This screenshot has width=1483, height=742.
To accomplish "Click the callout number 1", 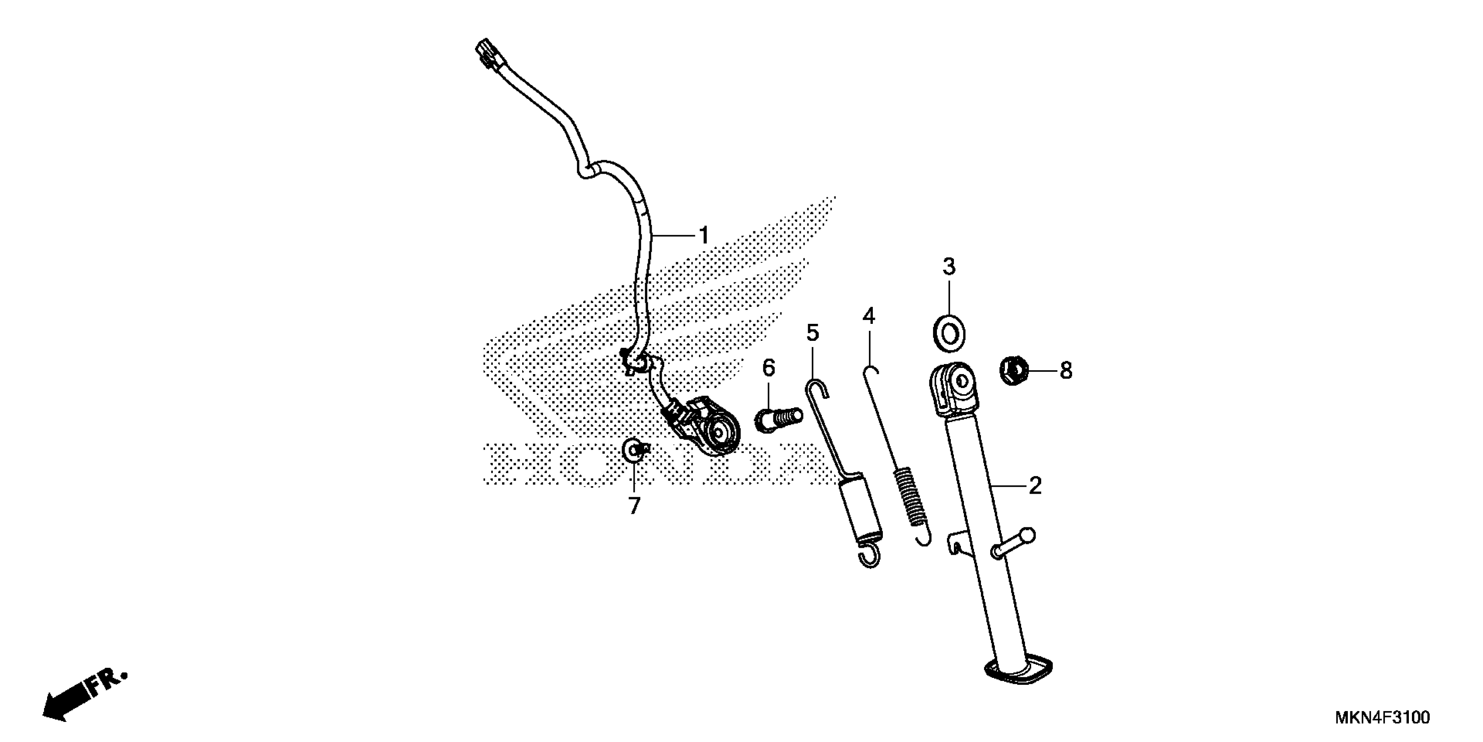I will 703,235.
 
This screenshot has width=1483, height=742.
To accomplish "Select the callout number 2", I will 1035,486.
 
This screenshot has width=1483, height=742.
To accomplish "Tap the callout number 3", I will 949,267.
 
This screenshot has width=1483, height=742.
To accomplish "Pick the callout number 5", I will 812,333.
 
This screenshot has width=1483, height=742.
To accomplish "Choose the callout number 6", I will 769,368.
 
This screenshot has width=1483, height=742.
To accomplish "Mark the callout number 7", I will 634,506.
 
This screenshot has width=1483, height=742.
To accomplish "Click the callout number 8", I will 1066,371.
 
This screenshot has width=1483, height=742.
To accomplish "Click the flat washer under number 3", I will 949,333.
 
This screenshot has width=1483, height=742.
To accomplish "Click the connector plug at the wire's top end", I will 488,54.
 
